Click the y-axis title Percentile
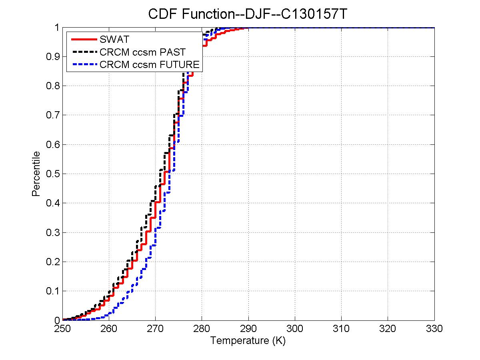tap(36, 174)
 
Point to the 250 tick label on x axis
tap(62, 329)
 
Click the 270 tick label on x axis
tap(155, 329)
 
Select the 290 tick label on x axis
tap(248, 329)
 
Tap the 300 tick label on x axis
tap(295, 329)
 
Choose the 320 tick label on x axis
tap(388, 329)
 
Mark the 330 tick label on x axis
tap(434, 329)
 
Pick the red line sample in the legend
tap(84, 40)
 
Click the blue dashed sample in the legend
tap(84, 64)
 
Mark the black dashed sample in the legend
tap(84, 52)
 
